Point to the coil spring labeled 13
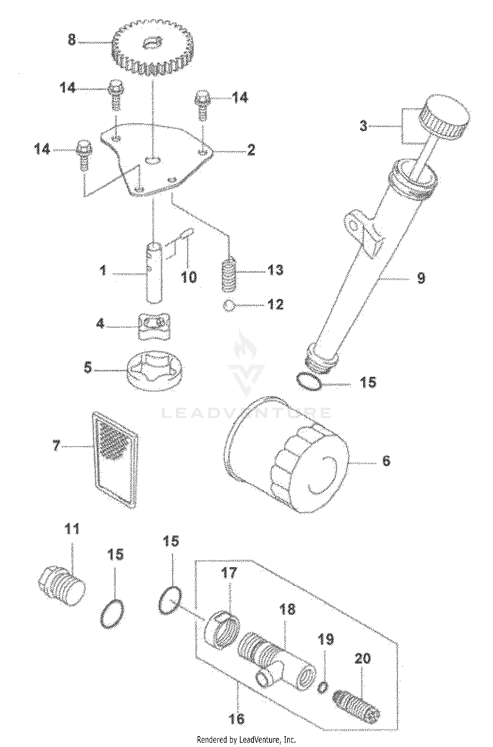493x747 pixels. tap(229, 274)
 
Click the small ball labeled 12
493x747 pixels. tap(229, 305)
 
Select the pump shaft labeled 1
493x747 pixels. tap(154, 273)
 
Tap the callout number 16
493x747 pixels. tap(238, 718)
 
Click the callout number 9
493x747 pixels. tap(420, 278)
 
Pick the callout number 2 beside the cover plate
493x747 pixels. tap(251, 150)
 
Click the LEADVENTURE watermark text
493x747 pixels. tap(246, 413)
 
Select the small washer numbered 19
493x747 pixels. tap(322, 688)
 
